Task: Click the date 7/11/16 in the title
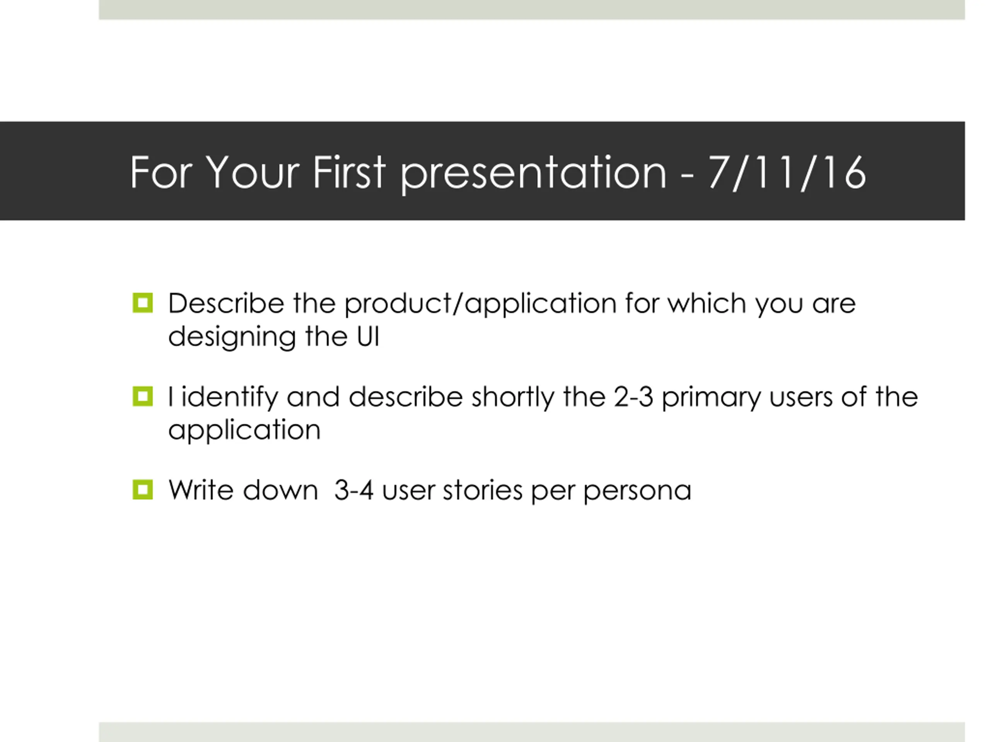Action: (787, 173)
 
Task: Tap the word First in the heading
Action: (349, 172)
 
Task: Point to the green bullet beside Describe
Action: (143, 303)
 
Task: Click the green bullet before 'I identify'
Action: (143, 396)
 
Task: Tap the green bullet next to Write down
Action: (143, 490)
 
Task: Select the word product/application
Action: (481, 305)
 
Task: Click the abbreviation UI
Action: (368, 336)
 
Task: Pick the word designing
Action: (232, 338)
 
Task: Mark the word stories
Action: (483, 491)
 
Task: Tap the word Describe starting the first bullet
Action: (226, 303)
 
